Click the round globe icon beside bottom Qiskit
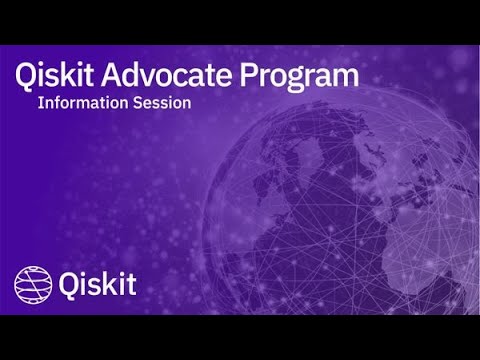(x=32, y=284)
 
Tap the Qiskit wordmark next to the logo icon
(x=98, y=284)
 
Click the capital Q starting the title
(x=27, y=74)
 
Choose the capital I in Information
(x=40, y=102)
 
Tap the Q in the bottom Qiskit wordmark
(x=70, y=284)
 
